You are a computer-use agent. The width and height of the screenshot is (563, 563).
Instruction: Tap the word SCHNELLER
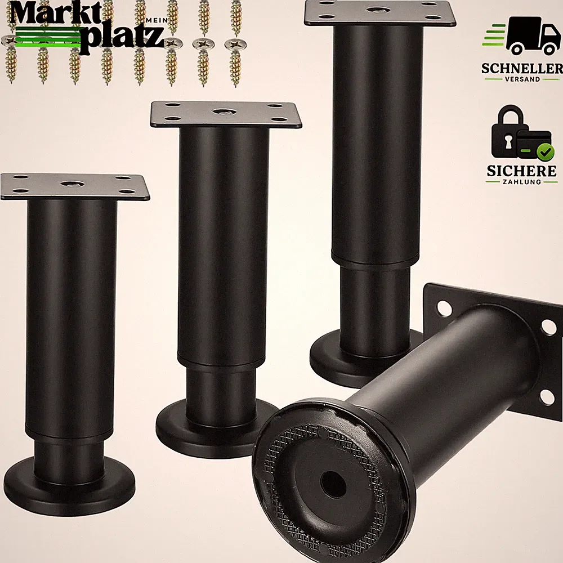tap(522, 68)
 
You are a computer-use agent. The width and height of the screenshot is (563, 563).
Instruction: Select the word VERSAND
tap(522, 79)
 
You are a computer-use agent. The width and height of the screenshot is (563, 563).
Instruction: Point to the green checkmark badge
tap(545, 152)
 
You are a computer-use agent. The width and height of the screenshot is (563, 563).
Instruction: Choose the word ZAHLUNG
tap(522, 182)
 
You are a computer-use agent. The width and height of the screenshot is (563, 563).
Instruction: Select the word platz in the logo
tap(122, 39)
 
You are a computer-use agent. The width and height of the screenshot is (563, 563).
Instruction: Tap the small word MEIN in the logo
tap(157, 21)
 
